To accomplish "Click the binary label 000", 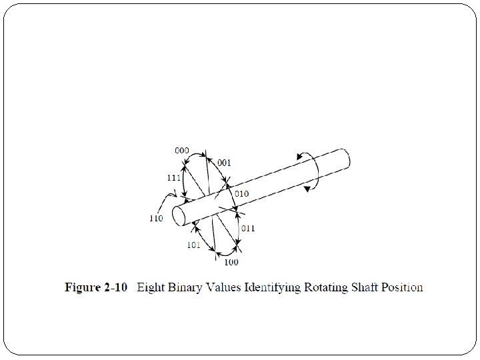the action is point(181,150).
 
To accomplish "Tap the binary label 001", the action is point(225,163).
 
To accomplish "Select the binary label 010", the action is point(241,194).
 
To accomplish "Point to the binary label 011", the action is point(248,228).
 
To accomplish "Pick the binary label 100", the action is point(231,262).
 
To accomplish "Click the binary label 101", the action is point(193,245).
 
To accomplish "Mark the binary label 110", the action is point(156,218).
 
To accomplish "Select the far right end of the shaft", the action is point(345,159).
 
